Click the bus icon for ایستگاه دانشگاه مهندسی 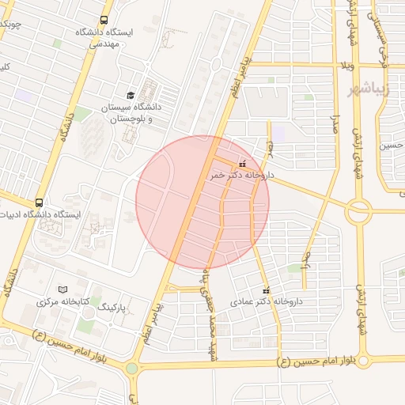(x=104, y=21)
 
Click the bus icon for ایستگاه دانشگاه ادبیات (x=40, y=202)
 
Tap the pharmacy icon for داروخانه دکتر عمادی (x=266, y=290)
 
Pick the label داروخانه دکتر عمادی (x=266, y=301)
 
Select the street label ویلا (x=346, y=65)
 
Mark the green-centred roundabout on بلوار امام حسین (x=131, y=368)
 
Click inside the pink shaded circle (x=202, y=202)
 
